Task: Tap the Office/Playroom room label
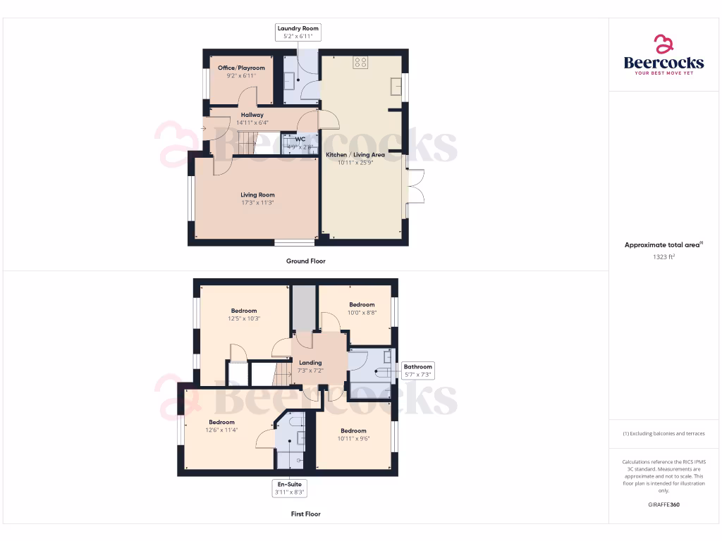click(241, 68)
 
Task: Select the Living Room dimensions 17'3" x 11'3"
click(257, 203)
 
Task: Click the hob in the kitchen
click(360, 62)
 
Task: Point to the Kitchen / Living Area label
click(355, 154)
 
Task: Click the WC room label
click(300, 139)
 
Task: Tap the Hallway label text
click(252, 115)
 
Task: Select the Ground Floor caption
click(306, 261)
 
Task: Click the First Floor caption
click(306, 514)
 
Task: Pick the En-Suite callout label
click(290, 485)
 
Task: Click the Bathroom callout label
click(417, 366)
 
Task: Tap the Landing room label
click(310, 363)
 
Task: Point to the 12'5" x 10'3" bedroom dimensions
click(244, 318)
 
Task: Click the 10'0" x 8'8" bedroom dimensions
click(362, 313)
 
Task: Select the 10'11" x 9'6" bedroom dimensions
click(353, 439)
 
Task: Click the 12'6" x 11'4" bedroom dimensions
click(221, 430)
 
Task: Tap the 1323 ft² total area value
click(663, 257)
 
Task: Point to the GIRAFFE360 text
click(663, 504)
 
